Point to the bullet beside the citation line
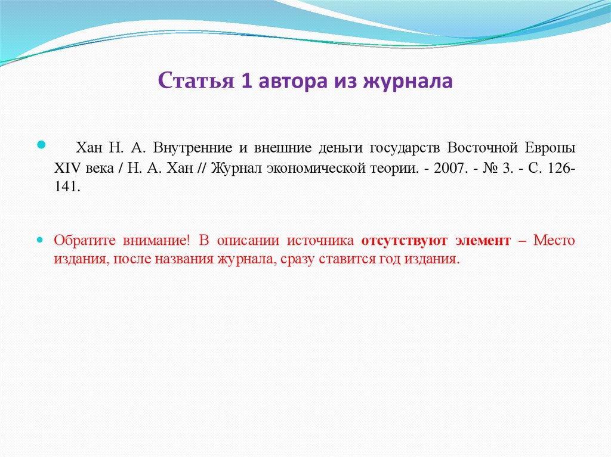pyautogui.click(x=41, y=144)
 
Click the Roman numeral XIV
pyautogui.click(x=67, y=167)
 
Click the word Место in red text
pyautogui.click(x=554, y=241)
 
